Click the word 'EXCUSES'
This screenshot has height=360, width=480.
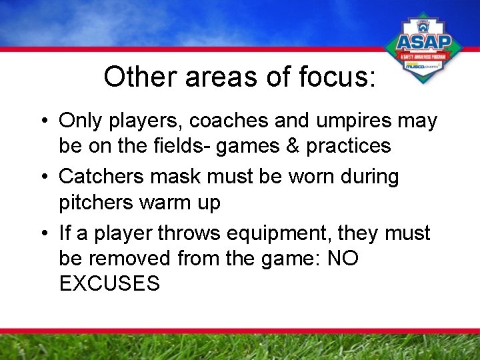109,283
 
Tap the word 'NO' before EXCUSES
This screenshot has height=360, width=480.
343,258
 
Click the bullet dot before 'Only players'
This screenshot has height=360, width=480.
42,122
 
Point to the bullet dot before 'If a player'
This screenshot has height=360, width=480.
42,234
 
